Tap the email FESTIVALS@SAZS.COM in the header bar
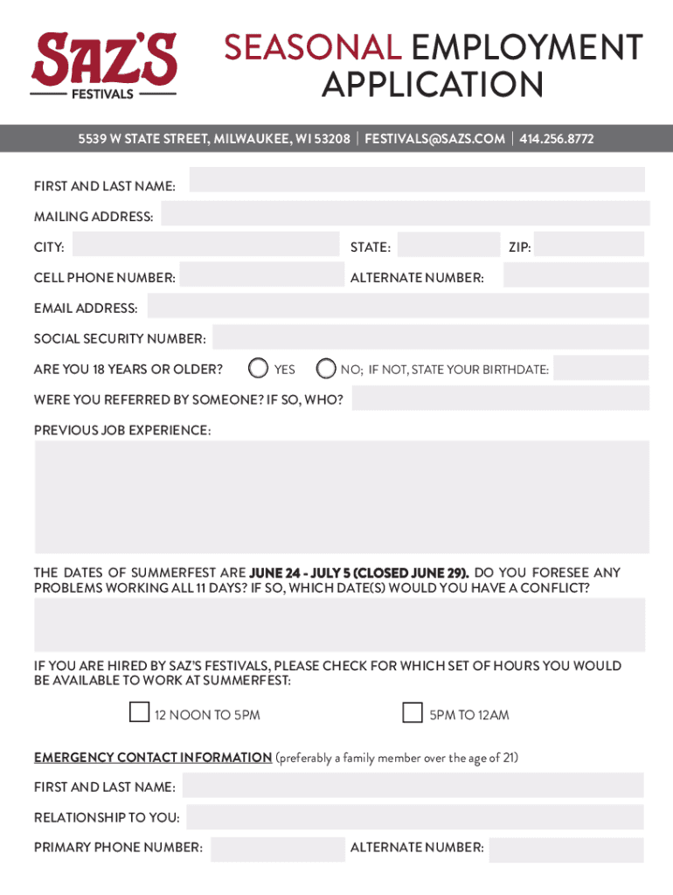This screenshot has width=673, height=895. tap(434, 139)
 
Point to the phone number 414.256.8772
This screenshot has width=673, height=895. tap(557, 139)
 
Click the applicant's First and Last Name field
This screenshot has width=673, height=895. tap(417, 180)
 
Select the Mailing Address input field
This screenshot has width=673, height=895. tap(405, 213)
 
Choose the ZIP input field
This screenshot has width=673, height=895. tap(591, 245)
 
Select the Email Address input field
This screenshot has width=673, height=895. tap(398, 306)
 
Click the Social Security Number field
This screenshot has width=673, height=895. tap(430, 337)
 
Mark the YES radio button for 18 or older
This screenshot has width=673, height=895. tap(258, 368)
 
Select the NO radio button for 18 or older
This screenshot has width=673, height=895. tap(325, 368)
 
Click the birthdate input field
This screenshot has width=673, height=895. tap(601, 368)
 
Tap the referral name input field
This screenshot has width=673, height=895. tap(500, 399)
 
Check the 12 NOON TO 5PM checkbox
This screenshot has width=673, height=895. tap(139, 713)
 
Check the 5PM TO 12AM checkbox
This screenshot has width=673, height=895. tap(413, 713)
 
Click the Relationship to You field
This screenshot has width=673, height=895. tap(414, 817)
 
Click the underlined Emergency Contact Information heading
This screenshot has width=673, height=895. tap(153, 758)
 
